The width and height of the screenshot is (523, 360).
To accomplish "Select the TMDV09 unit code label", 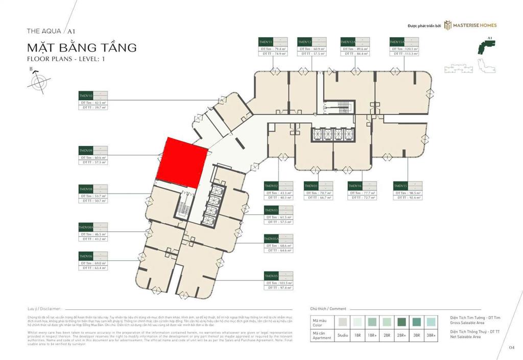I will [x=86, y=151].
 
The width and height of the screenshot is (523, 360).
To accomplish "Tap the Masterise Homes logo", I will [x=470, y=25].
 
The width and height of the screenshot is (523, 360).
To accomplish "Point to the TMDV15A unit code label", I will [x=397, y=41].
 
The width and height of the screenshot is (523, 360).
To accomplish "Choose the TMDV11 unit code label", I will [x=266, y=41].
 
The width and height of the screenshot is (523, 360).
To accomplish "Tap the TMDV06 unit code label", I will [x=86, y=255].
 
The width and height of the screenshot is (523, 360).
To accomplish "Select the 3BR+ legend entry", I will [x=432, y=335].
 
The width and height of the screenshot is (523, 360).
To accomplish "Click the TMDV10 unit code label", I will [x=86, y=95].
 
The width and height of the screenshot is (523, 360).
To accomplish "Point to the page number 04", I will [x=511, y=347].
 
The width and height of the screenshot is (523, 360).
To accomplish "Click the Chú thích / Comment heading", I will [x=328, y=309].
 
